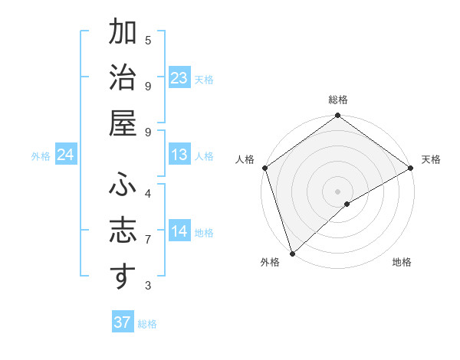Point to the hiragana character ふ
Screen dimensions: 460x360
(123, 185)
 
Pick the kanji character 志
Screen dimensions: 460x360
(123, 231)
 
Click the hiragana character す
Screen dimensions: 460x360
(123, 277)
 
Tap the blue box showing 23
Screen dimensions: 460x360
(179, 77)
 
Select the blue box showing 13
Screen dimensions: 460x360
(179, 155)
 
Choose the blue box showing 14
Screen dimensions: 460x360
(179, 231)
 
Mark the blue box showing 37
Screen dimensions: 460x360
(123, 322)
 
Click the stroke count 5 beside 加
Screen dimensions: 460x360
(148, 40)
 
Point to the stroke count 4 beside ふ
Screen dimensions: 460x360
(148, 193)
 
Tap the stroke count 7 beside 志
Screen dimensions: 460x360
(148, 239)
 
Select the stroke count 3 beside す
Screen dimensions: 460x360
(148, 286)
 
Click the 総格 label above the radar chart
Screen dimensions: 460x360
(338, 100)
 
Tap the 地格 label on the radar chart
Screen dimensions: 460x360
(402, 263)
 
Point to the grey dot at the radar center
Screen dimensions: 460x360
(338, 191)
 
